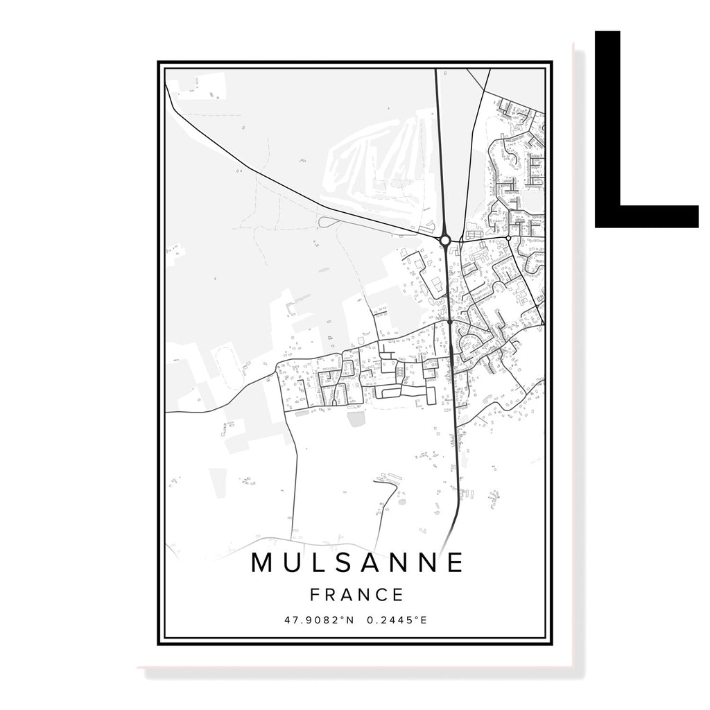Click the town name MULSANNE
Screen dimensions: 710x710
point(357,563)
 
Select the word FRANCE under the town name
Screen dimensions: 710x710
point(357,595)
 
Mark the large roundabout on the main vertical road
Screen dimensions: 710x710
point(446,240)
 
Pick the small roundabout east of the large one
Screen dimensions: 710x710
point(509,238)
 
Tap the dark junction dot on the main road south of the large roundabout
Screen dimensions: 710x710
point(450,322)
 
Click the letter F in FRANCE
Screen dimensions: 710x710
point(315,595)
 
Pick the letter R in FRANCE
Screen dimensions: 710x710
point(331,595)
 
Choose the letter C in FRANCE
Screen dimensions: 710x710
point(383,595)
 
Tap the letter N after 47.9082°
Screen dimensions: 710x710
point(350,620)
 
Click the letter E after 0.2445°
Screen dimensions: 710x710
point(424,620)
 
